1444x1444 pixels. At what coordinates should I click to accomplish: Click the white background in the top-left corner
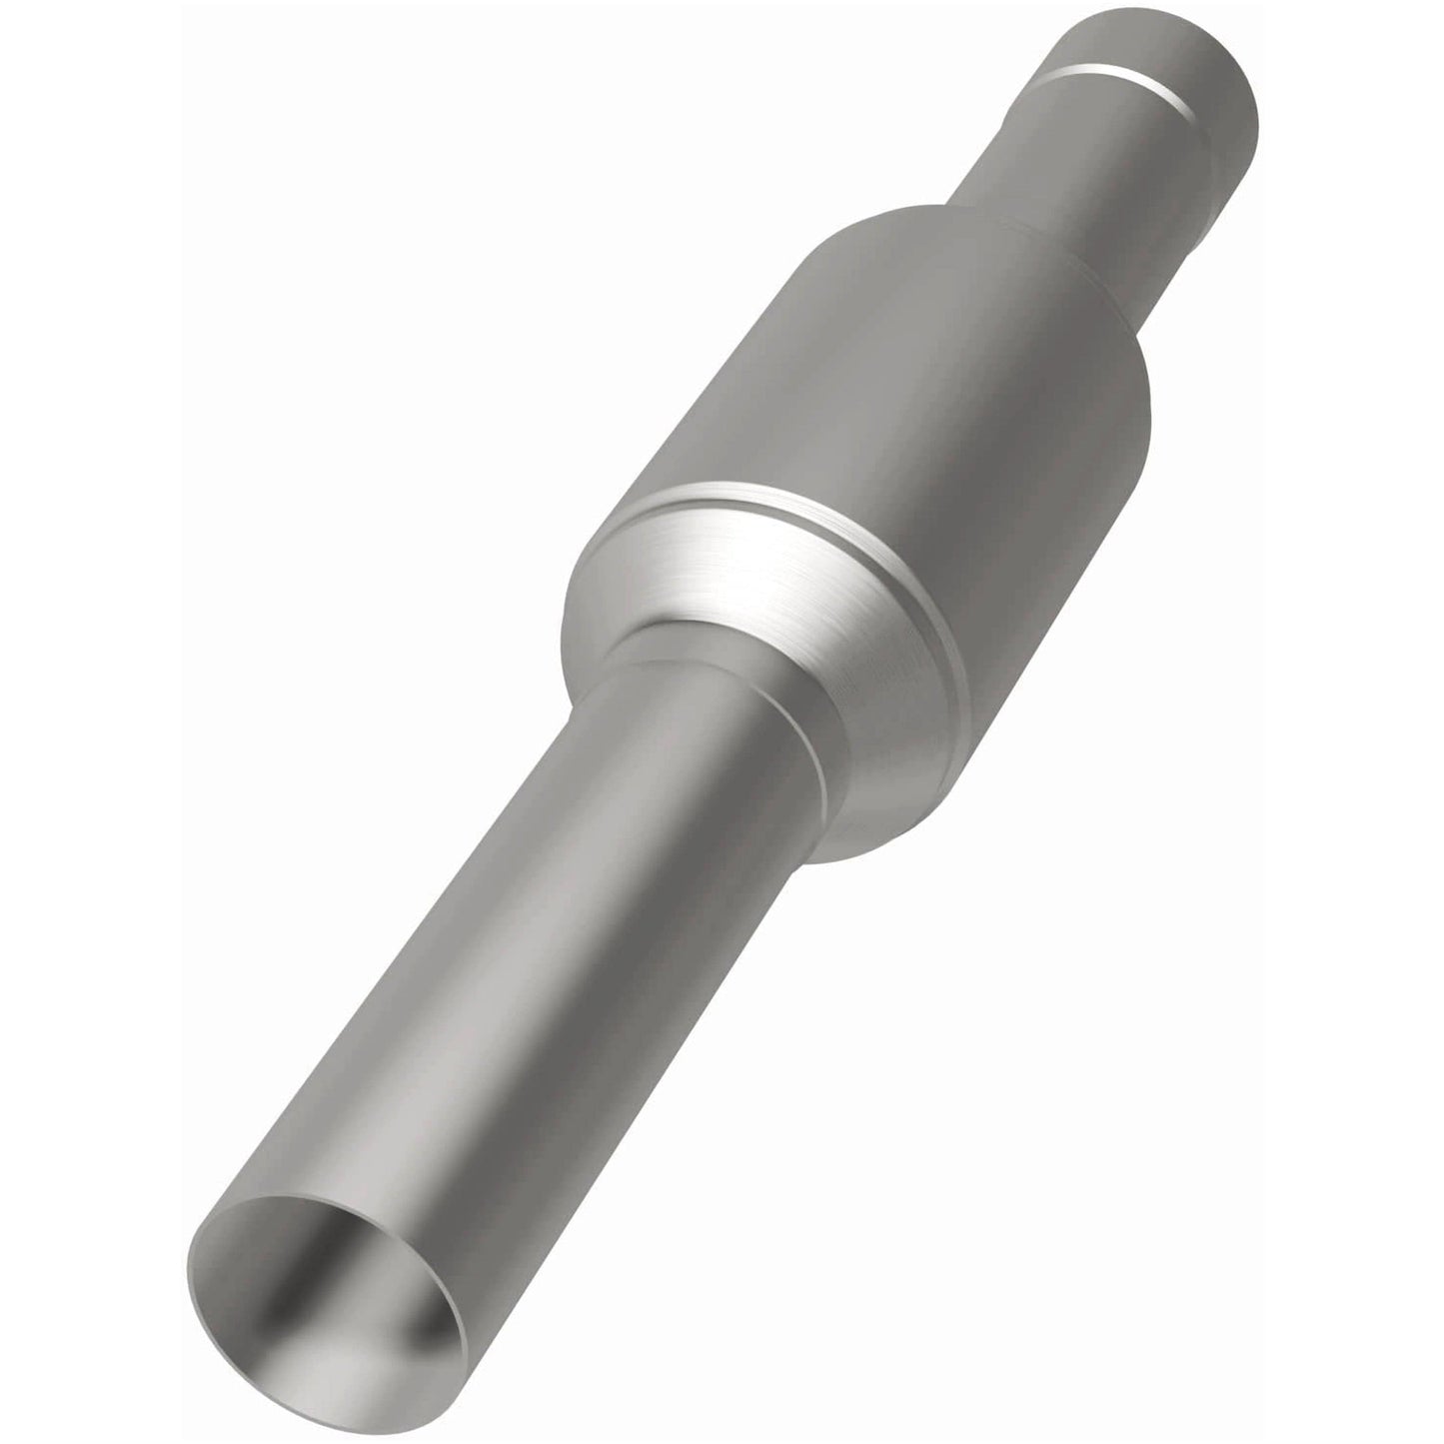pyautogui.click(x=100, y=100)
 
